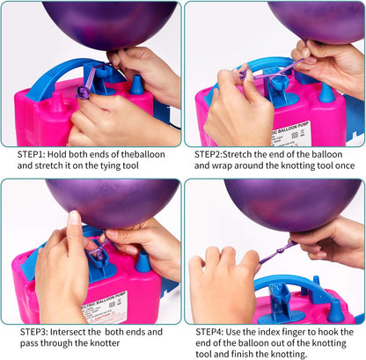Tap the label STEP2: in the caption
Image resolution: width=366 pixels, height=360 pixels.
pos(215,152)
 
